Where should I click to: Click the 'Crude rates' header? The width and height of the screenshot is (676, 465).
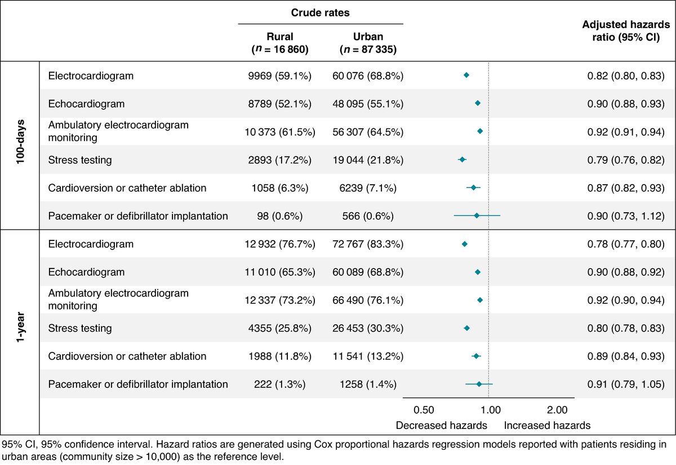click(x=321, y=12)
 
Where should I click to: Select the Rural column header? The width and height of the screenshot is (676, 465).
click(x=280, y=43)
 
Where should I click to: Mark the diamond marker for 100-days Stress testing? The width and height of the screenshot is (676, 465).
click(x=462, y=160)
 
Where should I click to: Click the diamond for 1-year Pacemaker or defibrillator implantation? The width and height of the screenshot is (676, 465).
click(x=479, y=384)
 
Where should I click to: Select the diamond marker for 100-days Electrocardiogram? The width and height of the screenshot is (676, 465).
click(x=466, y=75)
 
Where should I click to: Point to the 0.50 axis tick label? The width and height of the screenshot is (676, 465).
click(x=424, y=410)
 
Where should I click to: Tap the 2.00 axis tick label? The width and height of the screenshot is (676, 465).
click(x=557, y=410)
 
